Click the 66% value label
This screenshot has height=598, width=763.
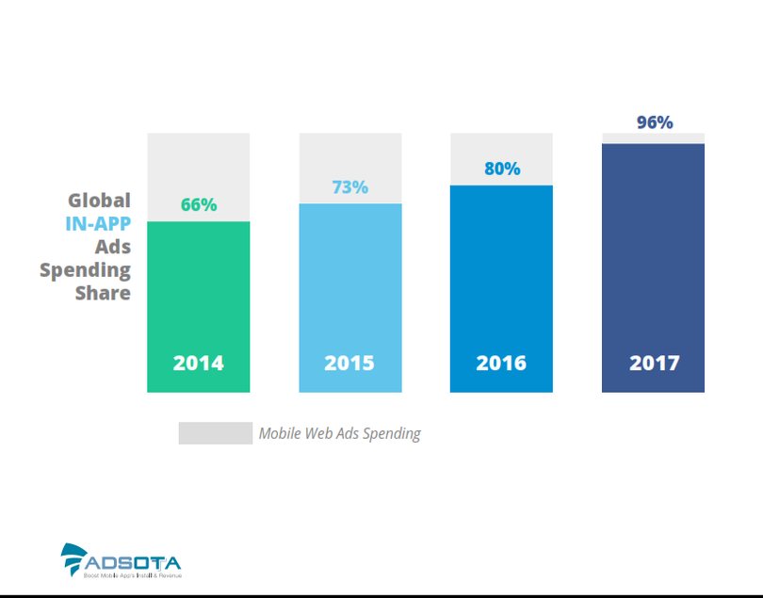click(199, 204)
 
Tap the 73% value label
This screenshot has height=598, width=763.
click(350, 186)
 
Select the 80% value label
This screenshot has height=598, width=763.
click(502, 169)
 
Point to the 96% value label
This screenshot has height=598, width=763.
click(654, 122)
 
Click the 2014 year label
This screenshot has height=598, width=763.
click(198, 363)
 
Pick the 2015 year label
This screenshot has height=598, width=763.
click(349, 363)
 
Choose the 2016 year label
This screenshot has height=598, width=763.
click(501, 363)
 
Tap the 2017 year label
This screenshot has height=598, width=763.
click(654, 363)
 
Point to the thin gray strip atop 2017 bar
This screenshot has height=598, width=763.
click(653, 138)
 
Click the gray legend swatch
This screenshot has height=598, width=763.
click(216, 433)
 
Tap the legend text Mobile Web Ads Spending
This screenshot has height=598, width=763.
click(340, 433)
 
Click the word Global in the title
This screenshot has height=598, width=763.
click(99, 201)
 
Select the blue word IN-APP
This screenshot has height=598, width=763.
click(98, 223)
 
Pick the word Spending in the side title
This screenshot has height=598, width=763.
click(85, 269)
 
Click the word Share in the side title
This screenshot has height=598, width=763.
click(103, 293)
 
